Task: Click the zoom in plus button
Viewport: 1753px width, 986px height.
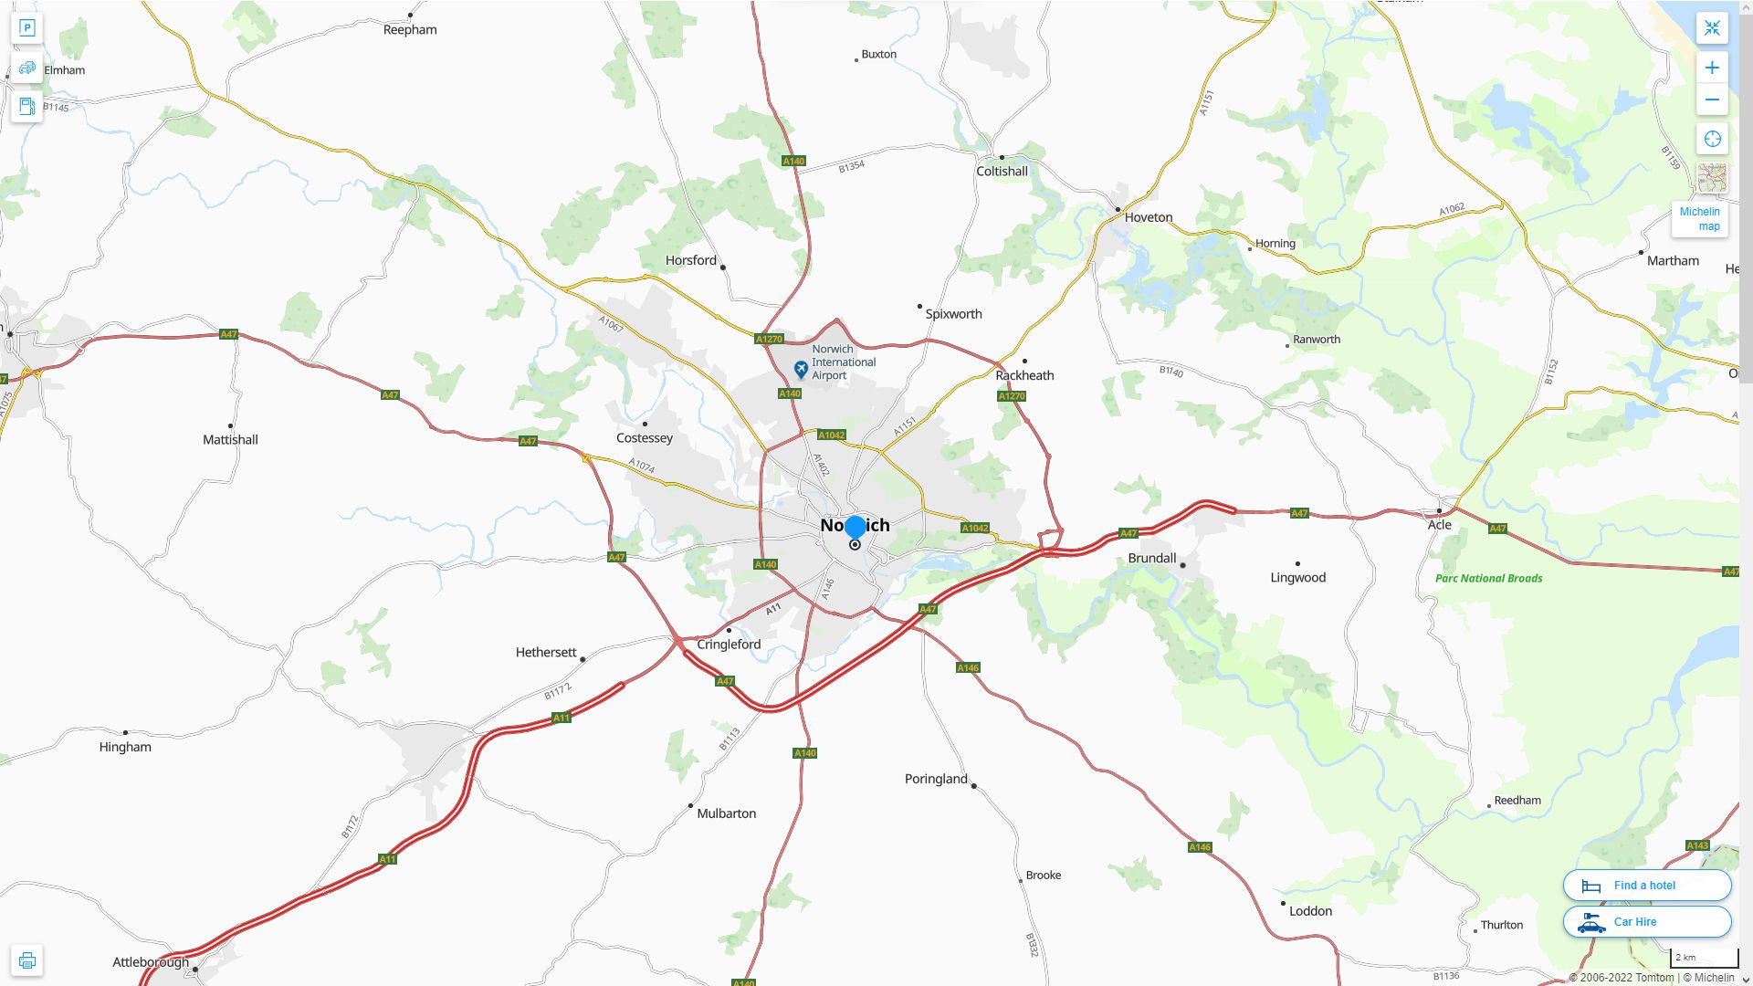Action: pos(1712,68)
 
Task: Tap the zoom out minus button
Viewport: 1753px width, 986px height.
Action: pos(1712,100)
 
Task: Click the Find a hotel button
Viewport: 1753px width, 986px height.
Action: pos(1646,885)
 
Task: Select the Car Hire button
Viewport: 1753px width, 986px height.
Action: pos(1646,921)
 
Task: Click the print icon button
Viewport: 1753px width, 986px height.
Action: pos(26,960)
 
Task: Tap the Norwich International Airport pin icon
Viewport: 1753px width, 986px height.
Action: pos(801,369)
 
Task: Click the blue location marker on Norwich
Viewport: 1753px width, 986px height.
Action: pos(855,528)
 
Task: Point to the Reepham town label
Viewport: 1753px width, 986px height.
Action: pos(410,30)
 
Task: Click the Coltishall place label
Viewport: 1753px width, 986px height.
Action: pos(1002,172)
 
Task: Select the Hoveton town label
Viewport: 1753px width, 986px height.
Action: pos(1148,217)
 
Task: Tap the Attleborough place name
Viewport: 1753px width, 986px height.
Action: pos(151,962)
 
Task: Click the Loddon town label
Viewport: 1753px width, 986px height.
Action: pos(1310,911)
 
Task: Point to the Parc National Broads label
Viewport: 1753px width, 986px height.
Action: pos(1488,578)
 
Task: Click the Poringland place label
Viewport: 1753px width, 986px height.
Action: pos(936,779)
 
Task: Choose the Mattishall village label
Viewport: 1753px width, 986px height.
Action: pos(230,440)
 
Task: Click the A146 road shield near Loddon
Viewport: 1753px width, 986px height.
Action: pos(1199,847)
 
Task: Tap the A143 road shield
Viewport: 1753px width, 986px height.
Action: pos(1696,845)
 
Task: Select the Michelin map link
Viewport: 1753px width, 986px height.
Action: pos(1699,219)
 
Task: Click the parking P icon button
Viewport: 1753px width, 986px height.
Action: pos(26,28)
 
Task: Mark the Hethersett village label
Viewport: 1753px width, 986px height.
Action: pos(546,653)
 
